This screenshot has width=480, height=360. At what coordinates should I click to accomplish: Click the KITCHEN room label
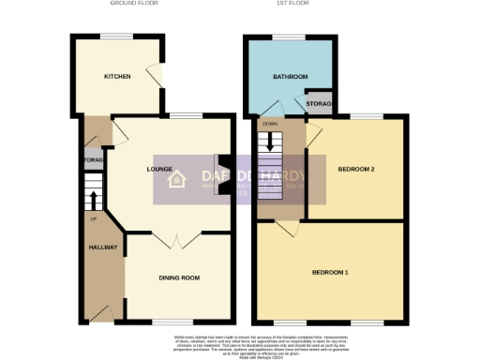(117, 76)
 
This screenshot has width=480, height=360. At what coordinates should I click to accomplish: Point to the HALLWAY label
(102, 247)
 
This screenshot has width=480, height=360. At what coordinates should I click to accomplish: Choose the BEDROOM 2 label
(356, 169)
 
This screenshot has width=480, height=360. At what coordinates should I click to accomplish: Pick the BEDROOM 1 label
(331, 273)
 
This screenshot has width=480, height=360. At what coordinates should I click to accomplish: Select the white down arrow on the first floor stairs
(271, 142)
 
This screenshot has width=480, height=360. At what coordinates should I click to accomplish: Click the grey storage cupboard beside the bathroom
(312, 104)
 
